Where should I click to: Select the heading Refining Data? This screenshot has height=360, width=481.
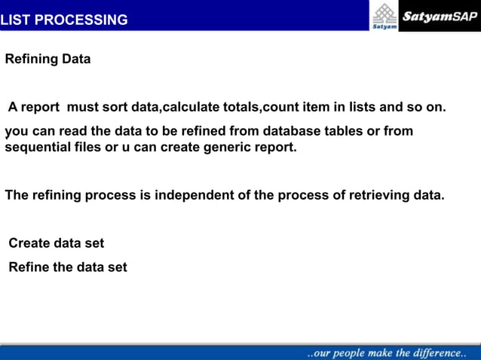point(47,59)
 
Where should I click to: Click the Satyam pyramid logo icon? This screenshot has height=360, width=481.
point(384,14)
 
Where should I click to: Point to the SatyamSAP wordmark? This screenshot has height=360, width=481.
point(439,16)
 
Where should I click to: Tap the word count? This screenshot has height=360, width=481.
point(280,107)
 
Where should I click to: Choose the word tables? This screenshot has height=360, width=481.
point(341,131)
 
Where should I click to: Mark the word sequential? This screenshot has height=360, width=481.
point(38,147)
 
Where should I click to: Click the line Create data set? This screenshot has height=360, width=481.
point(56,243)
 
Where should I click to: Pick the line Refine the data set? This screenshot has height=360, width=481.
point(67,267)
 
